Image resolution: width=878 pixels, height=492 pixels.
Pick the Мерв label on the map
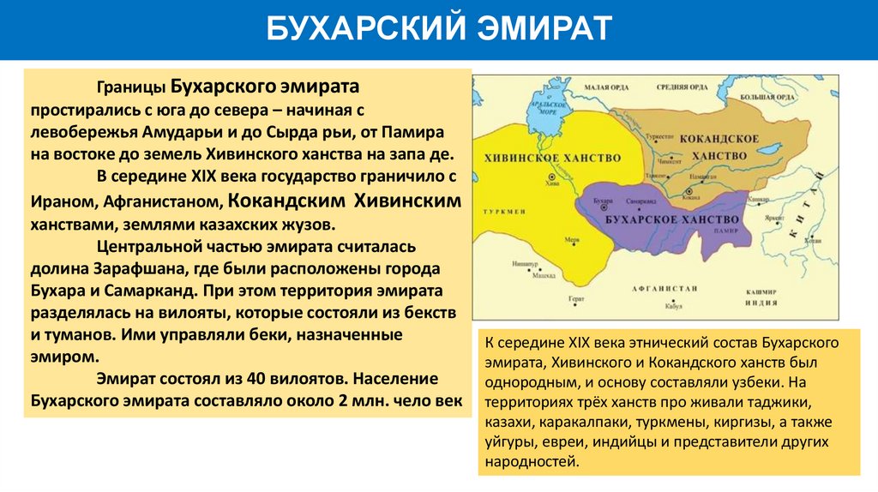pyautogui.click(x=570, y=242)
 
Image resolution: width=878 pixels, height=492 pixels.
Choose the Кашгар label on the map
pyautogui.click(x=756, y=198)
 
